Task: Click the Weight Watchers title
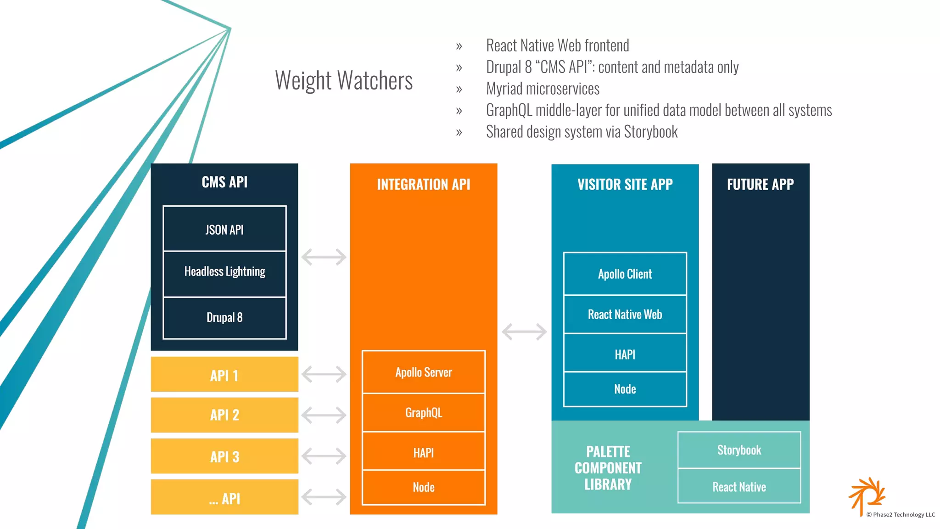pyautogui.click(x=344, y=81)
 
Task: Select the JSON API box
pyautogui.click(x=224, y=229)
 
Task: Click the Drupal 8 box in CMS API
pyautogui.click(x=224, y=317)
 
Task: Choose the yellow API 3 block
pyautogui.click(x=224, y=456)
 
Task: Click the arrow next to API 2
pyautogui.click(x=324, y=415)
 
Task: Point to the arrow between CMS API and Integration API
pyautogui.click(x=324, y=257)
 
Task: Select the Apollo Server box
pyautogui.click(x=423, y=372)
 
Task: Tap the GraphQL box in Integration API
pyautogui.click(x=423, y=412)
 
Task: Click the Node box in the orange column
pyautogui.click(x=423, y=487)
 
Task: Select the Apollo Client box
pyautogui.click(x=625, y=274)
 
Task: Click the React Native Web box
pyautogui.click(x=625, y=315)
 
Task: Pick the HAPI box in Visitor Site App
pyautogui.click(x=625, y=354)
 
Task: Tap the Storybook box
pyautogui.click(x=739, y=450)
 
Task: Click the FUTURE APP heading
pyautogui.click(x=760, y=185)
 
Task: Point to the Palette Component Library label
pyautogui.click(x=608, y=468)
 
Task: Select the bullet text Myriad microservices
pyautogui.click(x=543, y=89)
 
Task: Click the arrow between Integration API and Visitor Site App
pyautogui.click(x=524, y=332)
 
